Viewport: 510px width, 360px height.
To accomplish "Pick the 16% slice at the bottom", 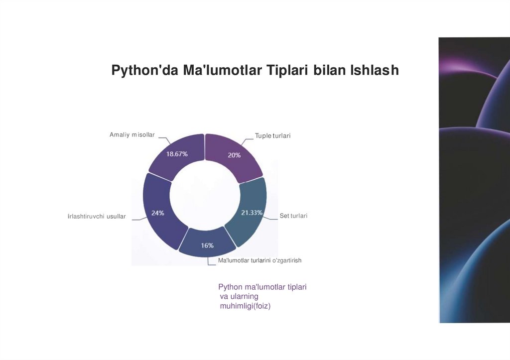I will pyautogui.click(x=207, y=243).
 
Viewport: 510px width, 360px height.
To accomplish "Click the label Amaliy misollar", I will pyautogui.click(x=132, y=135).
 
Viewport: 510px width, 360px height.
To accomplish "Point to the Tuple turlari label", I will pyautogui.click(x=272, y=135).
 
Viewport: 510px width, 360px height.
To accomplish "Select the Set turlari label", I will pyautogui.click(x=293, y=216).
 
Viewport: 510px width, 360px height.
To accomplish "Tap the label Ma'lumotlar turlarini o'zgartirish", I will pyautogui.click(x=260, y=260).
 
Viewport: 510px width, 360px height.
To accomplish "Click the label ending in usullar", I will pyautogui.click(x=97, y=217).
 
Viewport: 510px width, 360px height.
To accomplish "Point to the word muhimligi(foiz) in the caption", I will pyautogui.click(x=245, y=306).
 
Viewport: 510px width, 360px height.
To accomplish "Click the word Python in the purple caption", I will pyautogui.click(x=230, y=287).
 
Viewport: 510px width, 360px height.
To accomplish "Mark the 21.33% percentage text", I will pyautogui.click(x=252, y=213).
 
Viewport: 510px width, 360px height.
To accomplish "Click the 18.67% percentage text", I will pyautogui.click(x=177, y=154).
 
